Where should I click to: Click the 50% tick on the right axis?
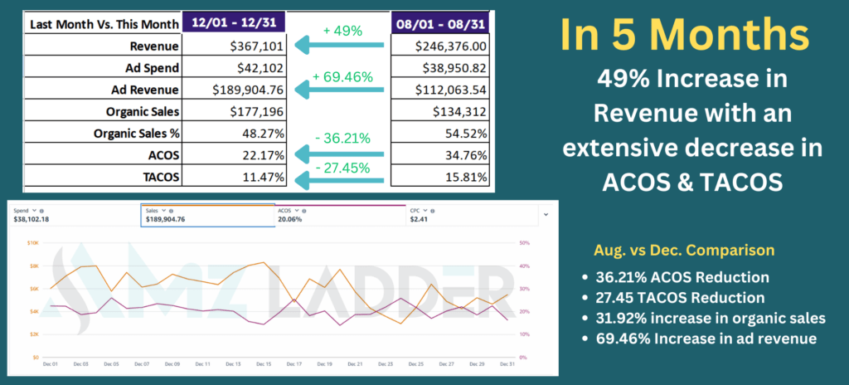point(525,243)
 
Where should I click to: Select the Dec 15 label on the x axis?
point(263,364)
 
